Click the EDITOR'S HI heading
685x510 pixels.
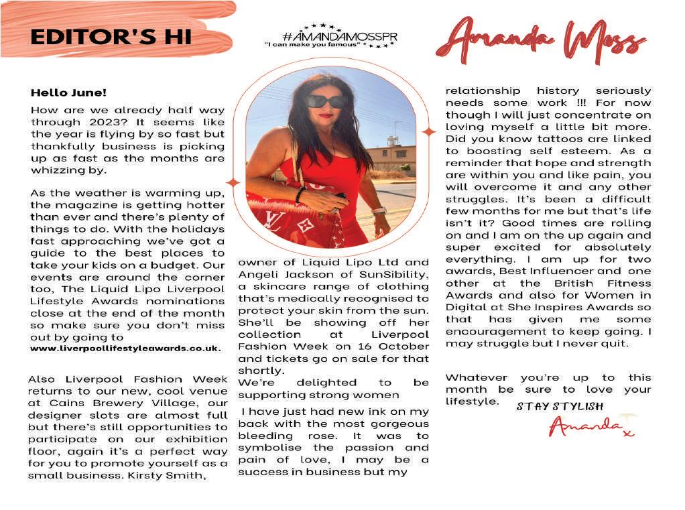111,36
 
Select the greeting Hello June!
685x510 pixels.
68,93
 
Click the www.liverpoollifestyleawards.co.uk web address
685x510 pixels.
125,349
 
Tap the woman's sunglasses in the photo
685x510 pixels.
326,102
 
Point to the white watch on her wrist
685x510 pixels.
379,210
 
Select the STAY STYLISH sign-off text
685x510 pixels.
560,407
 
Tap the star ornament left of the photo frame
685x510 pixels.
233,182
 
